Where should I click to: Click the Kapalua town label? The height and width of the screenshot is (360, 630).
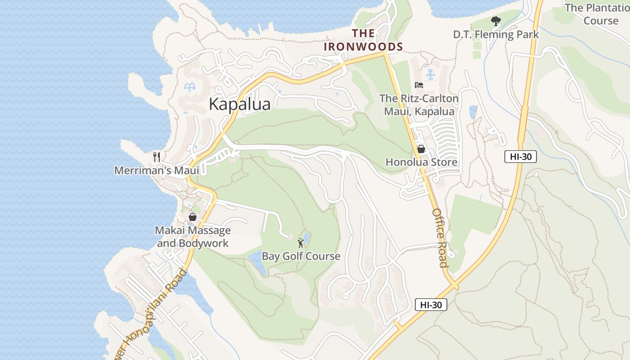(239, 104)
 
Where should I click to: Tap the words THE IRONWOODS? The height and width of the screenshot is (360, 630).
(363, 40)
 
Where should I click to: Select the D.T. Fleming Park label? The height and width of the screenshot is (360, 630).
(495, 34)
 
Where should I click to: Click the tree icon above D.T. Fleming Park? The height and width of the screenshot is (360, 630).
(495, 21)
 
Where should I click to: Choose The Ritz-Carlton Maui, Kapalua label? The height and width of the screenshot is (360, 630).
(419, 104)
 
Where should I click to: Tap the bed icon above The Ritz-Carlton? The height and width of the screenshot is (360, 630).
(419, 85)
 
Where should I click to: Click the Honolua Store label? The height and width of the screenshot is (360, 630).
(421, 162)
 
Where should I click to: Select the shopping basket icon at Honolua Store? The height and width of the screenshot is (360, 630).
(421, 148)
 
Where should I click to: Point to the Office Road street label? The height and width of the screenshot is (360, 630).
(440, 238)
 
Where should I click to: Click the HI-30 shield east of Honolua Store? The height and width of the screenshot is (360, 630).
(520, 157)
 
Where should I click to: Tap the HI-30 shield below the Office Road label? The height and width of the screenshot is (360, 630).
(431, 305)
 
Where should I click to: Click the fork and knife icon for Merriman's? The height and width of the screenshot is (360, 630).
(157, 157)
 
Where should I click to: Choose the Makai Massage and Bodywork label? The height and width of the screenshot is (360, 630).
(193, 237)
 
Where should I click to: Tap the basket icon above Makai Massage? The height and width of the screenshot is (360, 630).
(193, 217)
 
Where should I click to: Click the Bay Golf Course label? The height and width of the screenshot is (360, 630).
(301, 256)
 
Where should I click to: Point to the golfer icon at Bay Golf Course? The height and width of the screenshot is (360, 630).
(301, 243)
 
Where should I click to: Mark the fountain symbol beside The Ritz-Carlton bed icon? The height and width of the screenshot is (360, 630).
(431, 73)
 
